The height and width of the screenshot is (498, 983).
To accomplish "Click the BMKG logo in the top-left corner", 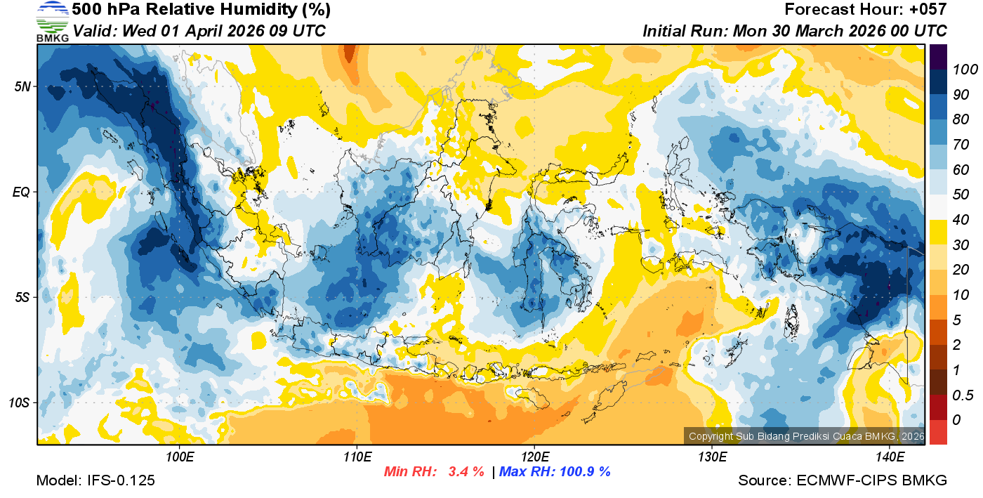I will coord(52,21).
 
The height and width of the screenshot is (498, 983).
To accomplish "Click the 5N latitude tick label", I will coord(22,86).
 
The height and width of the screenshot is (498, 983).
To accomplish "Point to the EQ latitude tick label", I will coord(21,192).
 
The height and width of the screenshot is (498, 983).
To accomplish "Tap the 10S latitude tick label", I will coord(19,402).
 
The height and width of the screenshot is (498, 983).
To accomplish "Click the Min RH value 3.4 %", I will coord(466,472).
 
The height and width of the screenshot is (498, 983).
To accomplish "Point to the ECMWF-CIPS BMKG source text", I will coord(871,480).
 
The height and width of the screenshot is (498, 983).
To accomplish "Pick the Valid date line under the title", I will coord(199,32).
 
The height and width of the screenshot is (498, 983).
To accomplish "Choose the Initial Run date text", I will coord(839,32).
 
